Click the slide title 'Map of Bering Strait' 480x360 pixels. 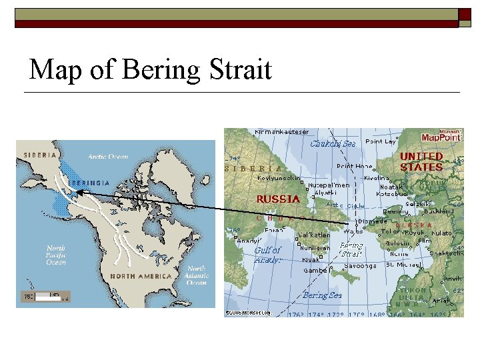[x=151, y=69]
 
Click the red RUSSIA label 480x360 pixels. [x=278, y=198]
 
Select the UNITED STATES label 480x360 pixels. [x=421, y=161]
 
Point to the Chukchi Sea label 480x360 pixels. [x=333, y=143]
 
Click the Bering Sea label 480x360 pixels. [x=323, y=295]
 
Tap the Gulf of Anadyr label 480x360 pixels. [x=267, y=255]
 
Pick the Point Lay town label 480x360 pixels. [x=381, y=141]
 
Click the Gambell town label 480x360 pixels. [x=315, y=271]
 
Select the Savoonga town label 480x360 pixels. [x=360, y=265]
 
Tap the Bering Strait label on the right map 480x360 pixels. [x=351, y=249]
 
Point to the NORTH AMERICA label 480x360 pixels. [x=141, y=276]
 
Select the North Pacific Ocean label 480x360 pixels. [x=56, y=255]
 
